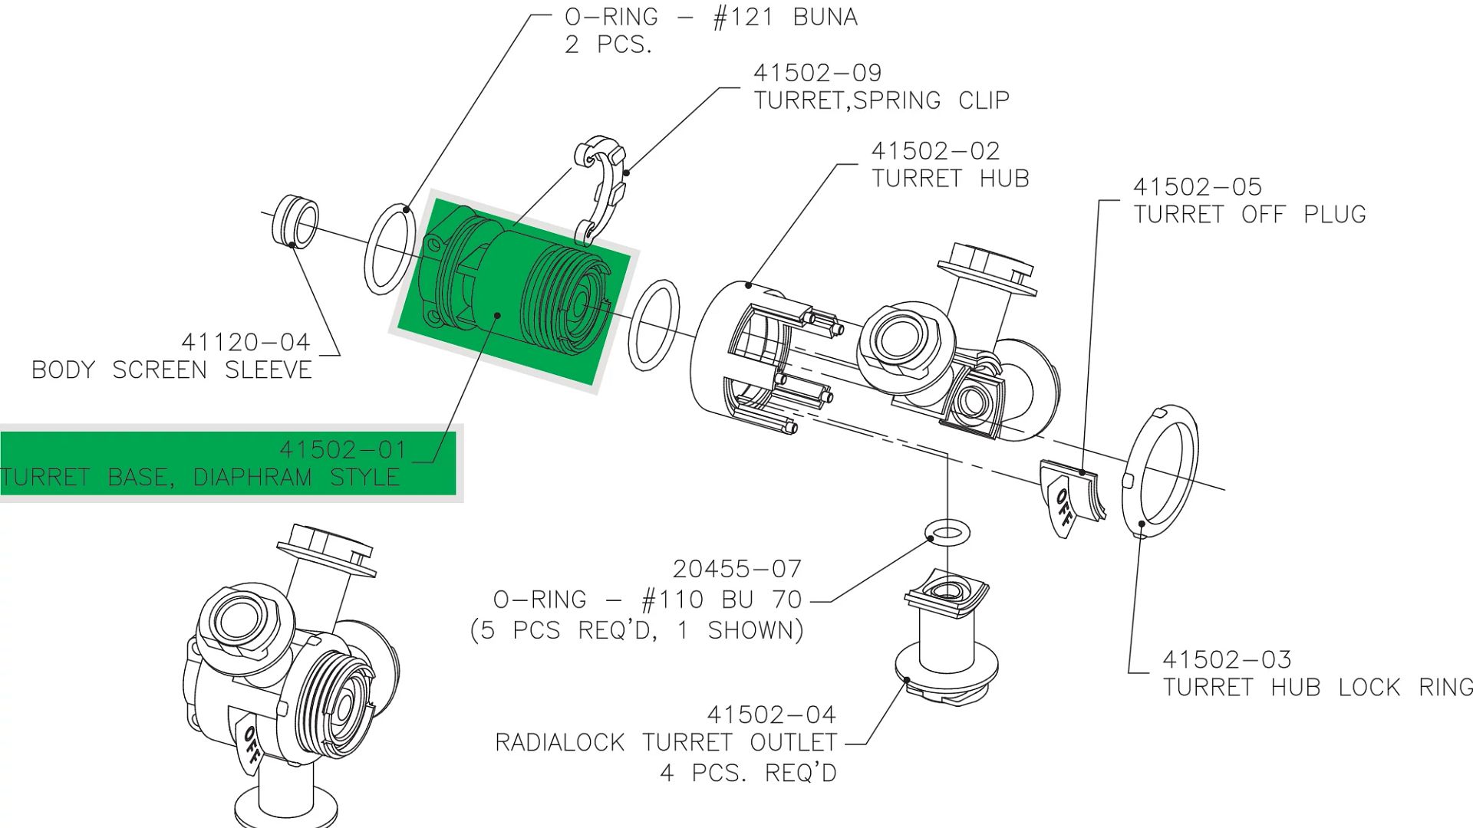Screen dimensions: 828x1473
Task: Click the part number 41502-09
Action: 817,73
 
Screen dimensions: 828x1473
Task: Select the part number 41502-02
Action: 935,151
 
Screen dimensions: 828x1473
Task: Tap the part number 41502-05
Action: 1197,187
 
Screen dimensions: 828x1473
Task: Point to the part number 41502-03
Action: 1226,659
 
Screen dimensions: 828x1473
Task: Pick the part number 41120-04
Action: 245,342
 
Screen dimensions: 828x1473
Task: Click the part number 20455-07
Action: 736,569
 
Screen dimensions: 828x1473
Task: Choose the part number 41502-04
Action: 770,715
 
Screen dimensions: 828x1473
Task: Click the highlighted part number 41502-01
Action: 342,449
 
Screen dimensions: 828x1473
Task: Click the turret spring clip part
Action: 601,188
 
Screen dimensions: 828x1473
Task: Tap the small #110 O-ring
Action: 948,531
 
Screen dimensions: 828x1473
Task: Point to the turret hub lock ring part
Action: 1159,472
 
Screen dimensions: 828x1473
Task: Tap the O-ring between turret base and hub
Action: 654,325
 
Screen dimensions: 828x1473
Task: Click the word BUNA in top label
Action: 825,17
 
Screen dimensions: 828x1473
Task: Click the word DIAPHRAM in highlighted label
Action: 252,477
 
